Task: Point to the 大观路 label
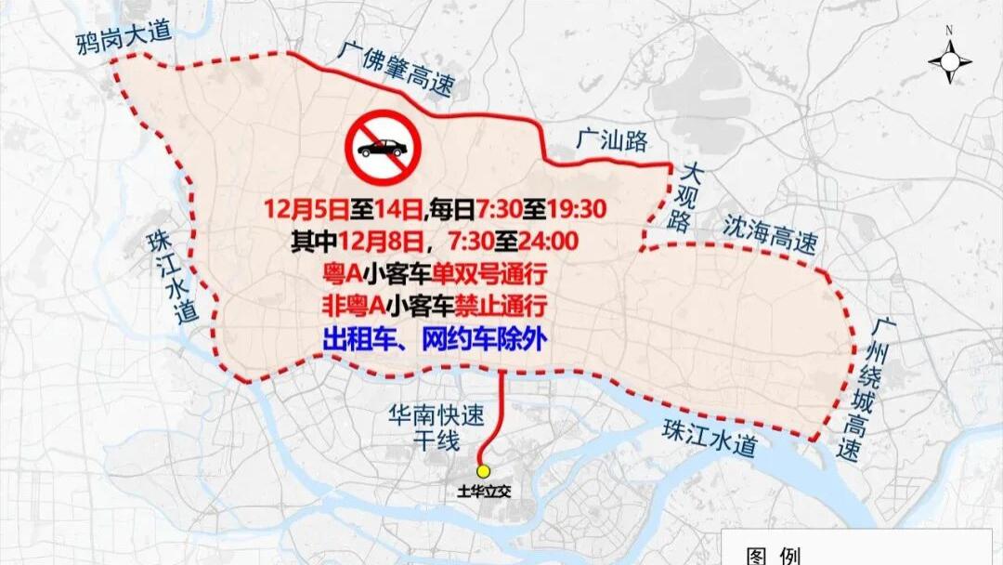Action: [688, 197]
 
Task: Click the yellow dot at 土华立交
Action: [483, 470]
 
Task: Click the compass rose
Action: [949, 61]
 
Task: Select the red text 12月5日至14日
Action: [344, 207]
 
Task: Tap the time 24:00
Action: [547, 242]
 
